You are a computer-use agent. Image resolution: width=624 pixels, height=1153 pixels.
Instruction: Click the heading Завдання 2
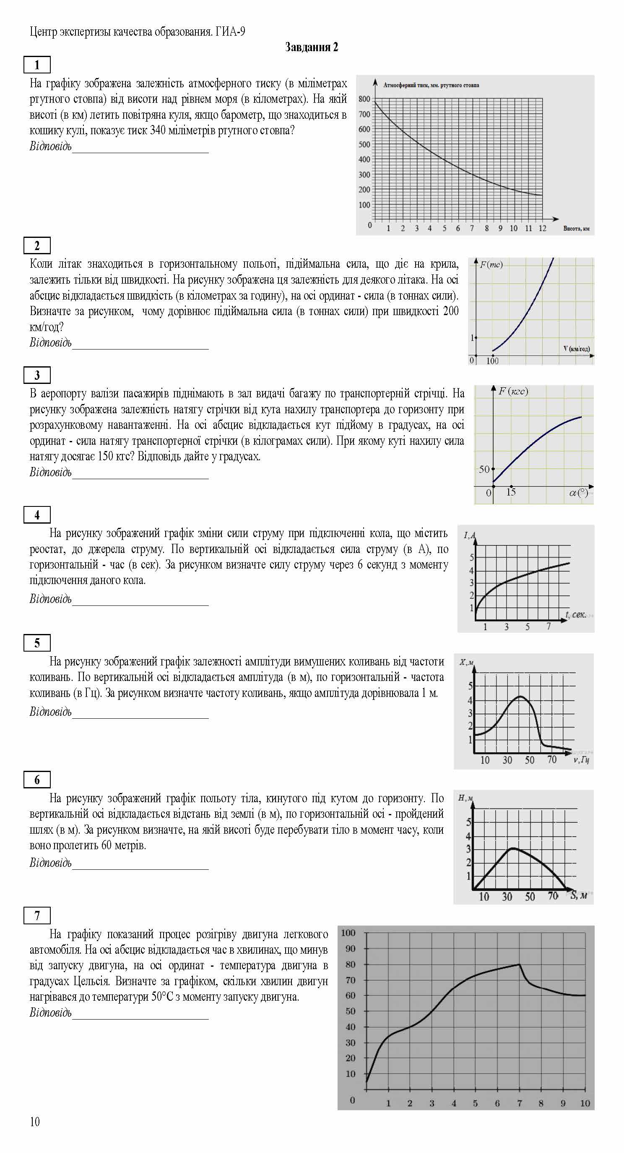311,47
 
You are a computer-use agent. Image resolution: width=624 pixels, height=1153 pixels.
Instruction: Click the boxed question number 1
37,65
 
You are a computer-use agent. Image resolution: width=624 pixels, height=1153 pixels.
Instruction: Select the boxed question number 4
37,515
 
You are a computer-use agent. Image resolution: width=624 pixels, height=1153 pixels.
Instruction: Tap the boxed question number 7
37,916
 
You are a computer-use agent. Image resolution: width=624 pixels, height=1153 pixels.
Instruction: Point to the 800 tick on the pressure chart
364,99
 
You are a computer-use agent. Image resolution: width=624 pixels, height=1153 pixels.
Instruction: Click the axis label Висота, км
576,229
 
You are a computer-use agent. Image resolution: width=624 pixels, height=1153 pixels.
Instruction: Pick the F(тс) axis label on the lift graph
491,264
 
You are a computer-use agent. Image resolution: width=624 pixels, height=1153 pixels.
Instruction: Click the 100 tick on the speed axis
492,361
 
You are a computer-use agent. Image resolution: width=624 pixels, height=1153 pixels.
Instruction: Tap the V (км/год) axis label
576,349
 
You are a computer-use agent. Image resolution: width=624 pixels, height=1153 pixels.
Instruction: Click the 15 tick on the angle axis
511,492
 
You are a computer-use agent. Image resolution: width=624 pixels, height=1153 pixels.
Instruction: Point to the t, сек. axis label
575,615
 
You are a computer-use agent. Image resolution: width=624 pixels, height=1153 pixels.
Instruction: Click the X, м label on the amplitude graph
467,662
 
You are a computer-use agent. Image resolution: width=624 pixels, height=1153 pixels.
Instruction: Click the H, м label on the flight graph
465,798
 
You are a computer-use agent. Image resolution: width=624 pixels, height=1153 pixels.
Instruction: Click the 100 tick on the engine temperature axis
348,933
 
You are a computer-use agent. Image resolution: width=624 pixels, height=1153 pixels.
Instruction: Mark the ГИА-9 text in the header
230,32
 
